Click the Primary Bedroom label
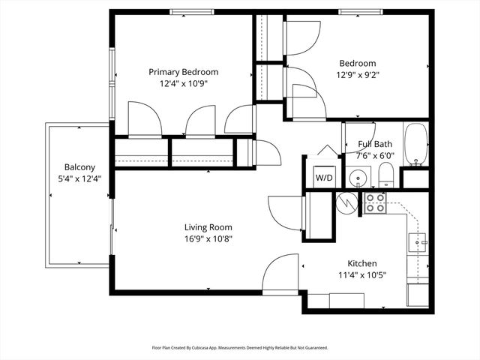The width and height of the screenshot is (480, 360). (x=183, y=72)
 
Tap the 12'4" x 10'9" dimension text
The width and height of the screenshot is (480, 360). (x=183, y=84)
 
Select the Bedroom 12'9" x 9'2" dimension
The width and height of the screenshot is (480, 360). (x=358, y=75)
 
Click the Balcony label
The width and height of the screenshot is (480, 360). (x=79, y=166)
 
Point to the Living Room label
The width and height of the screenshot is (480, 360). (x=208, y=227)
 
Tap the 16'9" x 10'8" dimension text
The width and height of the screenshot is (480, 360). (x=208, y=239)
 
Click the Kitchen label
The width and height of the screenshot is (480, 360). (x=361, y=263)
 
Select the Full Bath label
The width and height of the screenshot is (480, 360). (x=374, y=144)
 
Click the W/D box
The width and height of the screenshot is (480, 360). (x=324, y=178)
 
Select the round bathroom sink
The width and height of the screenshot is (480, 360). (x=359, y=178)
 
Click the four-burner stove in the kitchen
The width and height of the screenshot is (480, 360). (x=375, y=202)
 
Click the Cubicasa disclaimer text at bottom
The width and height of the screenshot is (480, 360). (x=240, y=348)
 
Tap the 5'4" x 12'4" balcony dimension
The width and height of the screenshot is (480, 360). (x=79, y=178)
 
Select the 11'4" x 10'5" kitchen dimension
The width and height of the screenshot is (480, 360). (x=361, y=275)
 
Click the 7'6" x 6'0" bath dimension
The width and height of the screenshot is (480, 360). (x=374, y=156)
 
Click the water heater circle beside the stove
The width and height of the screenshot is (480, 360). (x=347, y=202)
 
